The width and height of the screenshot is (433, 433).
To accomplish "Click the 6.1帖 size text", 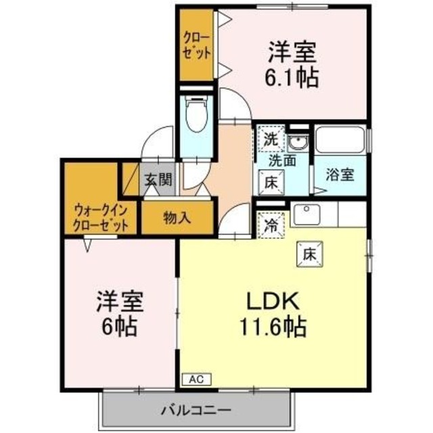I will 293,76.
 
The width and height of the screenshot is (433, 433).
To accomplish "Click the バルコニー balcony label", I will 196,409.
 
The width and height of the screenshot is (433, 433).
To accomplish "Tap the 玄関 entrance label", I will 157,181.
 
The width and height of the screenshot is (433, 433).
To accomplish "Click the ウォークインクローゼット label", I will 101,218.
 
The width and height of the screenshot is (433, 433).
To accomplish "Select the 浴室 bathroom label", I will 339,174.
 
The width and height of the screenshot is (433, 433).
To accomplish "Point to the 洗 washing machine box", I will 271,141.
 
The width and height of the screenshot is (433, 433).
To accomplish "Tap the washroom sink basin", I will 296,142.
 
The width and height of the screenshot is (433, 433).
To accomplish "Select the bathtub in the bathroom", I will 341,141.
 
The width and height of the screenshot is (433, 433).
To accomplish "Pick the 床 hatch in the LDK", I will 310,255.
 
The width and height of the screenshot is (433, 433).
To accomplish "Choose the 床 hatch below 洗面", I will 271,181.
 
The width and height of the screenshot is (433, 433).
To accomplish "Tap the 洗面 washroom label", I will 282,161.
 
